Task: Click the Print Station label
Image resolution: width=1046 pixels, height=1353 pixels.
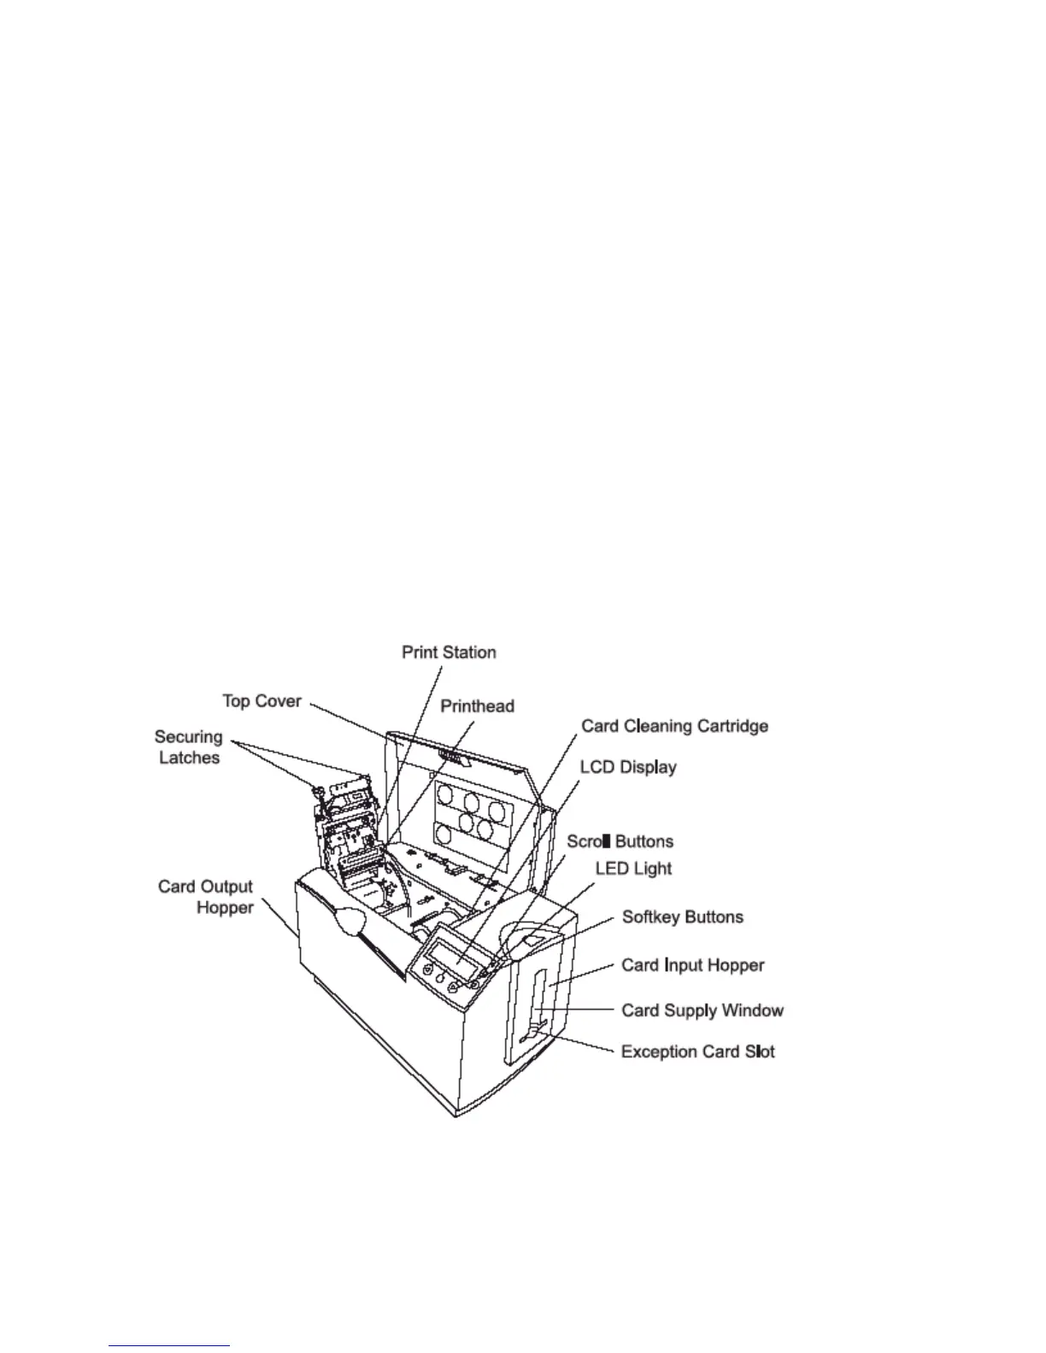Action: pyautogui.click(x=449, y=653)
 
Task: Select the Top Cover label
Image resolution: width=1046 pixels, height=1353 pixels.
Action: pyautogui.click(x=261, y=701)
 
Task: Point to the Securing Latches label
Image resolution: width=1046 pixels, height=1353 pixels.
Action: pyautogui.click(x=188, y=747)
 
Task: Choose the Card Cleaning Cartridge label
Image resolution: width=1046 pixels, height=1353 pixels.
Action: pyautogui.click(x=674, y=726)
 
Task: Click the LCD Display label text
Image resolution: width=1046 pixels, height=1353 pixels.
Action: pyautogui.click(x=628, y=767)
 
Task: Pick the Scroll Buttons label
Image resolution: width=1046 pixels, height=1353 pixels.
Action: pyautogui.click(x=620, y=841)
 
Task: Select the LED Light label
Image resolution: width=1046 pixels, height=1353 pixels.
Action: pyautogui.click(x=633, y=869)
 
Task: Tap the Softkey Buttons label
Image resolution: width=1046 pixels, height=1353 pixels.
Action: pyautogui.click(x=682, y=917)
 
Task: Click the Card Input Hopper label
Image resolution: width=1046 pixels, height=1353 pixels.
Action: pyautogui.click(x=692, y=965)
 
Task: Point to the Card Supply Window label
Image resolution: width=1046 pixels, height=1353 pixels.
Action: pyautogui.click(x=702, y=1010)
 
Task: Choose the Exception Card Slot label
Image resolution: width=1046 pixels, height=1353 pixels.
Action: pyautogui.click(x=697, y=1051)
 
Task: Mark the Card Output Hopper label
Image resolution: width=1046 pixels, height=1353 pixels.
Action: pyautogui.click(x=205, y=897)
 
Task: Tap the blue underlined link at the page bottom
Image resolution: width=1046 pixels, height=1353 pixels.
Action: pyautogui.click(x=169, y=1345)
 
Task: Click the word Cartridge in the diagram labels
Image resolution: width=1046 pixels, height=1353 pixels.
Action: pyautogui.click(x=730, y=726)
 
